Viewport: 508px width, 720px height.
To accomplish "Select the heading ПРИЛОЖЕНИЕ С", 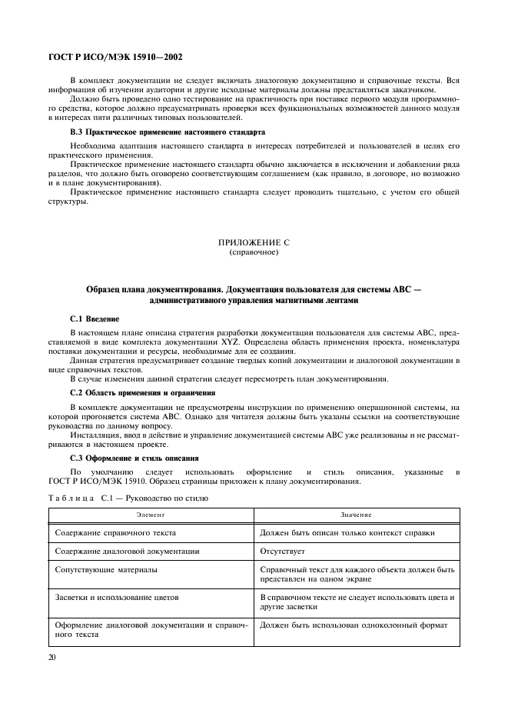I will pos(254,242).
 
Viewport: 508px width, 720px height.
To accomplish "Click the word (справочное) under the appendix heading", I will pos(254,252).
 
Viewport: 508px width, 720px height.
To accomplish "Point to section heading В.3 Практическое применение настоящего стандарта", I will pos(168,132).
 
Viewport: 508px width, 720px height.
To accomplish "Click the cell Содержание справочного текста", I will pos(116,532).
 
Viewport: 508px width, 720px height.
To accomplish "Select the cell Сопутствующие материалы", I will pos(107,570).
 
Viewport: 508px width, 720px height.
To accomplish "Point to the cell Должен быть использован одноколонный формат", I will pos(354,625).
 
